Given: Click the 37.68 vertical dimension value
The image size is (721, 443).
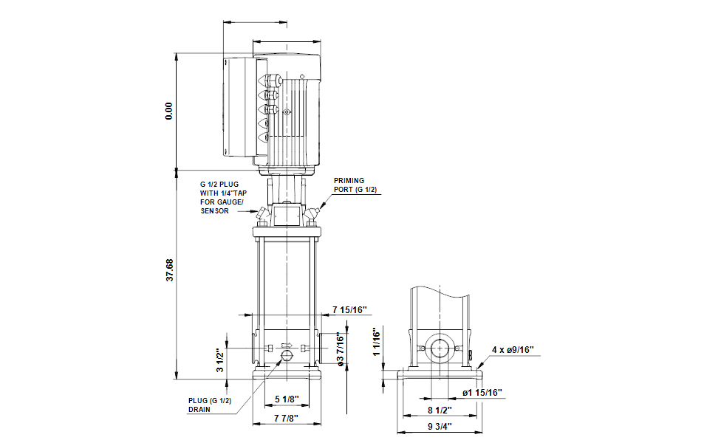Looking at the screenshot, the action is click(x=170, y=270).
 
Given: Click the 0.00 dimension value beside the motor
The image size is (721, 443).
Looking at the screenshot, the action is click(x=168, y=111).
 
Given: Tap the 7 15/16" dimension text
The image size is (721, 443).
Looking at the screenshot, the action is click(x=350, y=310).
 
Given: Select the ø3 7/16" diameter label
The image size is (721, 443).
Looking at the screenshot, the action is click(x=341, y=350).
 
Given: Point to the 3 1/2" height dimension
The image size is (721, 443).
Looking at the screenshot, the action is click(x=220, y=361).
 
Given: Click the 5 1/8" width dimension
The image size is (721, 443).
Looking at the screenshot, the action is click(x=287, y=399).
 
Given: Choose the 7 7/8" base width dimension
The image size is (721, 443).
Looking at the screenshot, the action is click(x=286, y=418).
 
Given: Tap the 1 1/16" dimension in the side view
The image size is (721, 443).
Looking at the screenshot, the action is click(x=377, y=342).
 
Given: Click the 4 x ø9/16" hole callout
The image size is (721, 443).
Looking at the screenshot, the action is click(x=513, y=350).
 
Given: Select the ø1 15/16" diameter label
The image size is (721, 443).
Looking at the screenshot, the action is click(x=482, y=393).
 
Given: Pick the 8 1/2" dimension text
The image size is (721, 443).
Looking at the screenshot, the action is click(x=440, y=410).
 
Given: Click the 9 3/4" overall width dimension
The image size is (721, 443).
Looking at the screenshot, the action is click(x=440, y=427).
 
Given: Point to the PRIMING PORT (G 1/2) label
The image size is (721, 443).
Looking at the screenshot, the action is click(x=355, y=185).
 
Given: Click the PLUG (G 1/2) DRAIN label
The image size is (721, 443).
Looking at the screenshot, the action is click(x=210, y=405).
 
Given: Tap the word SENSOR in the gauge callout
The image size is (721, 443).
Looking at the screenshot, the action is click(x=215, y=211).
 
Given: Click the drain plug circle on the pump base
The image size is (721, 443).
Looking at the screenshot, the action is click(x=287, y=355).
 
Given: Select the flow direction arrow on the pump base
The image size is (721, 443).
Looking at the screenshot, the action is click(x=287, y=345).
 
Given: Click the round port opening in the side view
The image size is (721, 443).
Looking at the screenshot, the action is click(x=440, y=348).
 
